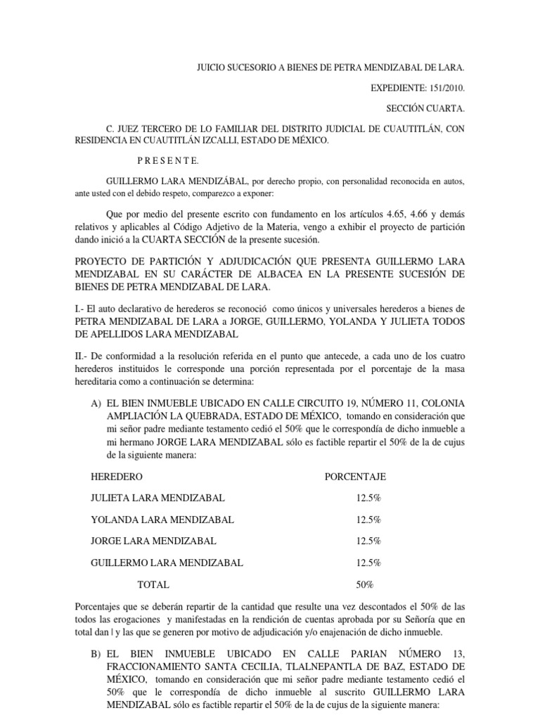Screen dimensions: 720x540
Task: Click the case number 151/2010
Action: [442, 90]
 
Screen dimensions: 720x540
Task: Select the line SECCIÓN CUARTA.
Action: [424, 109]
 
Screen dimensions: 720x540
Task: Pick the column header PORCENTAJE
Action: [355, 477]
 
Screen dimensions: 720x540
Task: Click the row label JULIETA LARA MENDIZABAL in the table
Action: [158, 498]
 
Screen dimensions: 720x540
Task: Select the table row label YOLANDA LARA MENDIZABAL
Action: [162, 520]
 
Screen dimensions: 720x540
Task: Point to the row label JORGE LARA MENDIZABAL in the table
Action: [154, 541]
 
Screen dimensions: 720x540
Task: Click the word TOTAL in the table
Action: [153, 584]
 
